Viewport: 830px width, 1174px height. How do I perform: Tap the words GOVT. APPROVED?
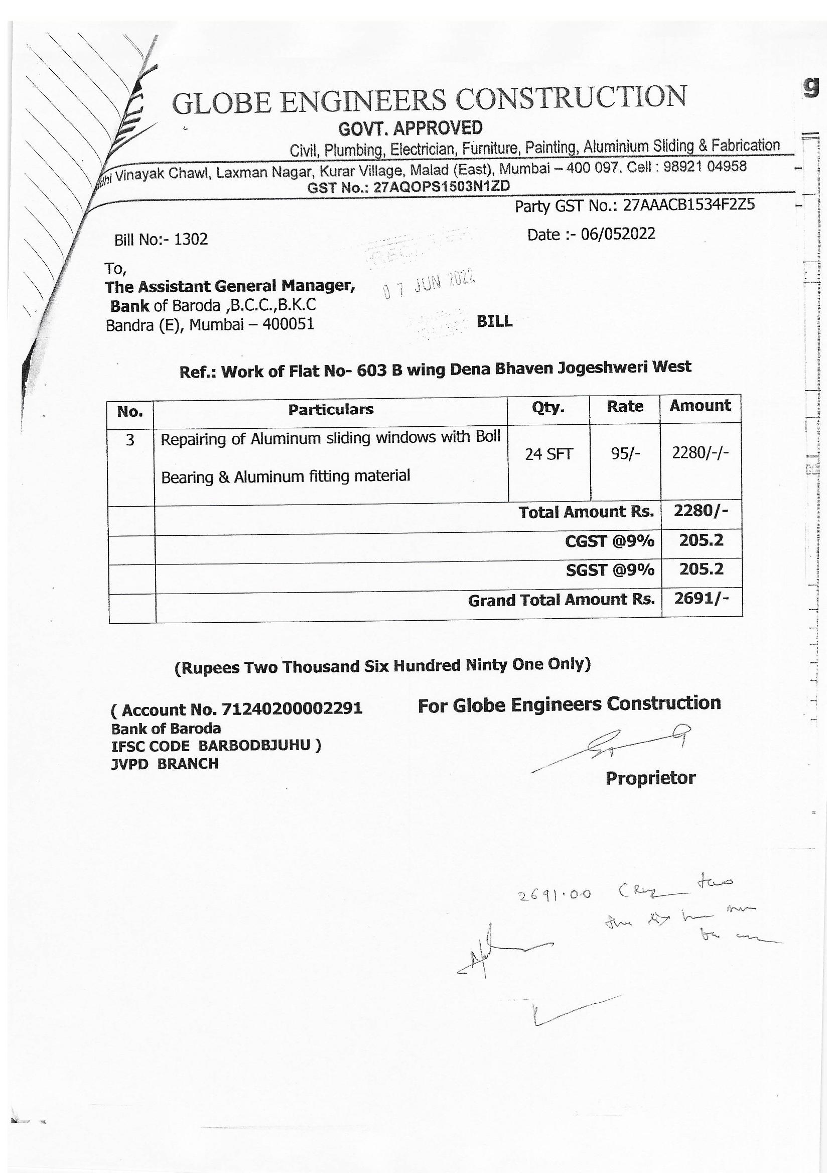coord(410,128)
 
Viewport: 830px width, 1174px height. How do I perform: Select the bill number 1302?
coord(191,240)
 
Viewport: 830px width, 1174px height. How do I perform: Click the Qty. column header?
coord(548,407)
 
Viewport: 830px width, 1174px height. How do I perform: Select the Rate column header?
coord(625,407)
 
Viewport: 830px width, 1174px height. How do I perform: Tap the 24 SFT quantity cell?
coord(549,454)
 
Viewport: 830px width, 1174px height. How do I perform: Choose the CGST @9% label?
coord(609,541)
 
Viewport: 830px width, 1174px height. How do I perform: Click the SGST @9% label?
coord(610,570)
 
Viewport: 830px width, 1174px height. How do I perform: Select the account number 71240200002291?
coord(292,709)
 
